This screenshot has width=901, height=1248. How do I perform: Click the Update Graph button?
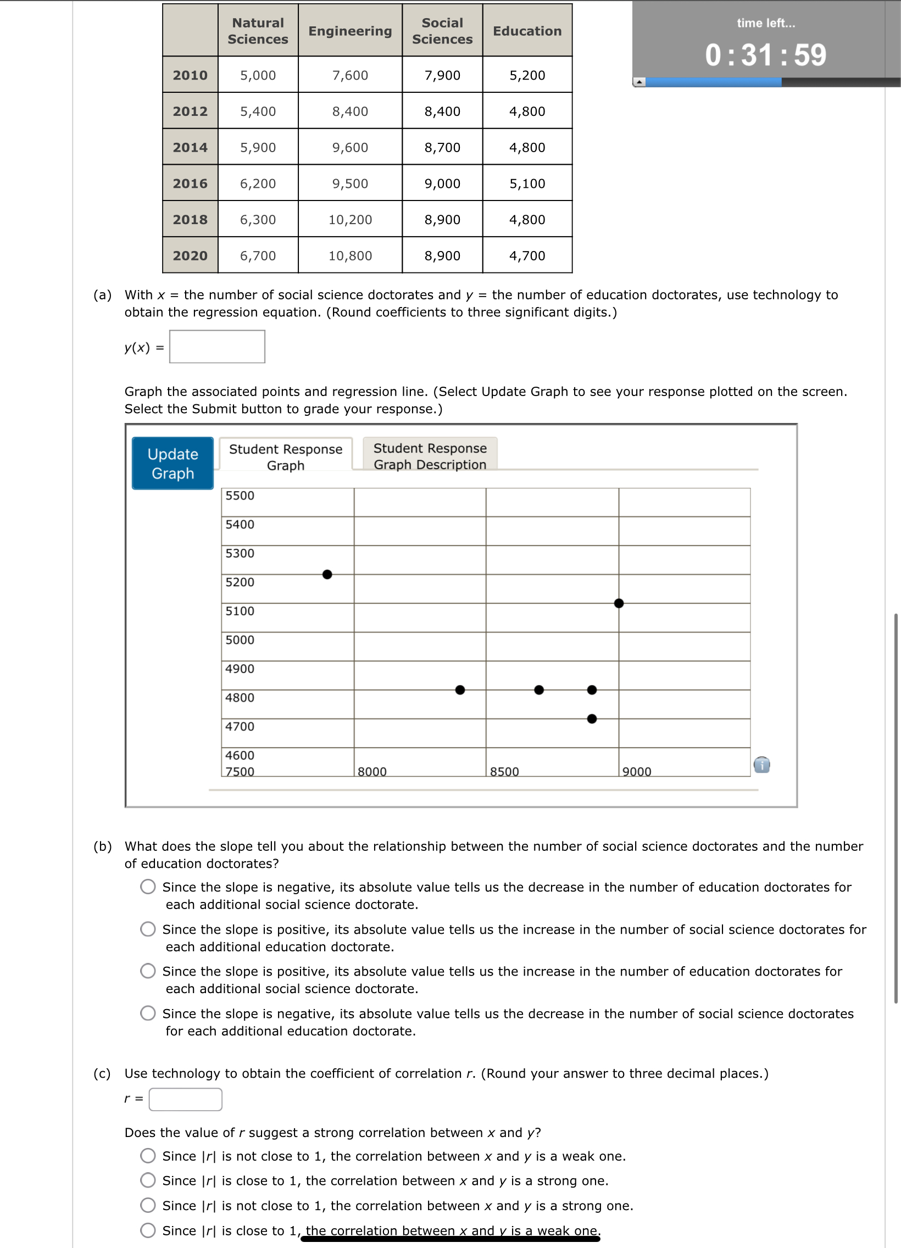point(173,463)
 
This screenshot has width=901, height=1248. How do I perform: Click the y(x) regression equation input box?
point(217,347)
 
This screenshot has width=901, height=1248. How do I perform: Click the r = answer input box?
point(186,1099)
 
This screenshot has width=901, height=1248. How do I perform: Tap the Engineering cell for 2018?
point(350,220)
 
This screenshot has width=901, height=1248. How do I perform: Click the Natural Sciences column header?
point(258,31)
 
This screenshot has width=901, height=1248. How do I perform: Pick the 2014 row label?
point(190,147)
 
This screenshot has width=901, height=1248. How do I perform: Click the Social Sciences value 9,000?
point(442,183)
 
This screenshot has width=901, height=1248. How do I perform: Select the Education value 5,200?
point(527,75)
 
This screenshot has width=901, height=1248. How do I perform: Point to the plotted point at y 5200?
point(327,575)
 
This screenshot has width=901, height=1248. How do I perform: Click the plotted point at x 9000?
point(619,603)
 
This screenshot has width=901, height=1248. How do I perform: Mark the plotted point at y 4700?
point(592,718)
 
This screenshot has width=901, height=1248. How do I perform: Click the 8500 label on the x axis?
point(504,771)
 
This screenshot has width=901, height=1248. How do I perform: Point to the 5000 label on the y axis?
point(240,640)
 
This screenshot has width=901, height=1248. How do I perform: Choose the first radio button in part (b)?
point(147,887)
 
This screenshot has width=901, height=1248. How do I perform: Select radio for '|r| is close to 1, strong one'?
point(147,1180)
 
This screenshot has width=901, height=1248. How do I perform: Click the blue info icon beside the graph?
point(762,764)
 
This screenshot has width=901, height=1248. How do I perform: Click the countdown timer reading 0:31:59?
point(766,54)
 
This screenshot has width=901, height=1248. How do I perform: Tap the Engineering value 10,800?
point(350,255)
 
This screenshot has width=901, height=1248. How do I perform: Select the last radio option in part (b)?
point(147,1013)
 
